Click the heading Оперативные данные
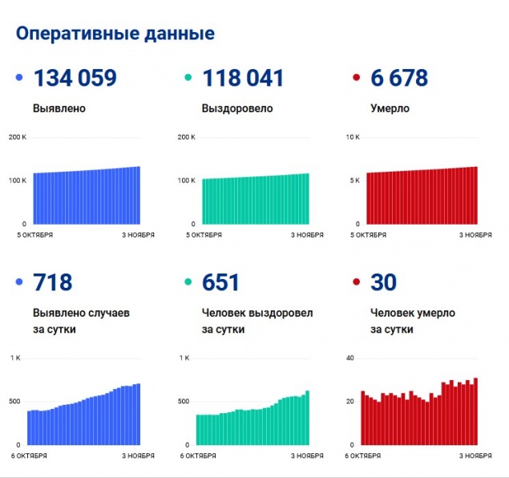[115, 34]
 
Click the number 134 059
[75, 78]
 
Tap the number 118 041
[244, 78]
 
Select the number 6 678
[399, 78]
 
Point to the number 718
[53, 282]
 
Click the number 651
[221, 282]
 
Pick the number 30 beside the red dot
[384, 282]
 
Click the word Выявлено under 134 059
[59, 108]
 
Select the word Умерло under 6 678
[390, 108]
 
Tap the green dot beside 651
[188, 282]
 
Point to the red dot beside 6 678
[356, 78]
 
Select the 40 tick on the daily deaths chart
[349, 358]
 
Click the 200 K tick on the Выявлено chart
[18, 137]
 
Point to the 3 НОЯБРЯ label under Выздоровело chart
[306, 235]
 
